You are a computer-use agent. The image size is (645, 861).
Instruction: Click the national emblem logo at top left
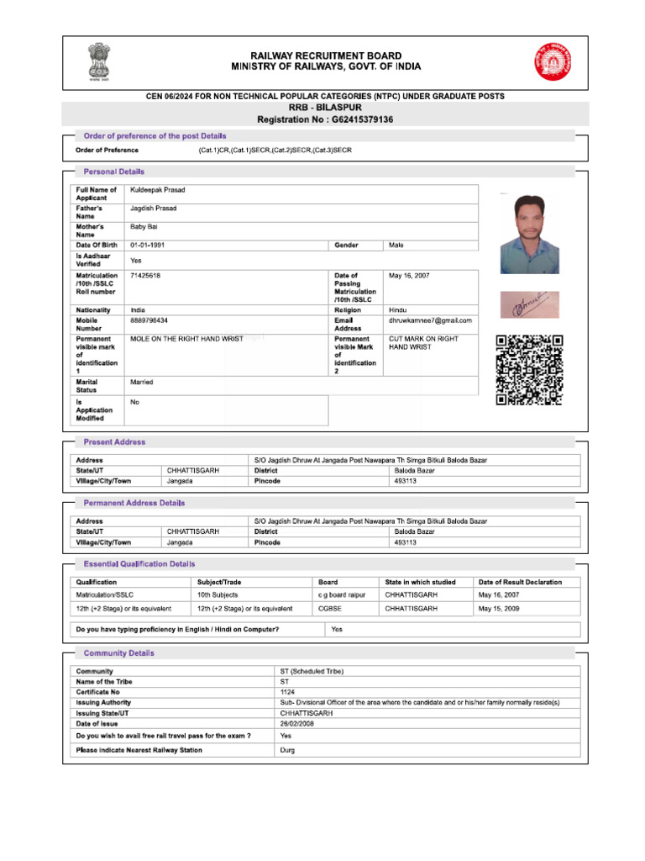(92, 63)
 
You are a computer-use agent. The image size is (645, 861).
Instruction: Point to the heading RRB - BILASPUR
(325, 108)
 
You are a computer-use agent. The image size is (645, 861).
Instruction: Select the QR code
(529, 370)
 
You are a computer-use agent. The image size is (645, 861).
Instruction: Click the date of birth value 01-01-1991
(147, 245)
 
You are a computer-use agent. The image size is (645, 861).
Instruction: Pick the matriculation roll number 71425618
(145, 275)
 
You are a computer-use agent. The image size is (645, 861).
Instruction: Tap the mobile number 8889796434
(149, 320)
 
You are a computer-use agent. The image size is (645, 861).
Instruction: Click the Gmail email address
(430, 320)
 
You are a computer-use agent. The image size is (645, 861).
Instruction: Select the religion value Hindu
(398, 310)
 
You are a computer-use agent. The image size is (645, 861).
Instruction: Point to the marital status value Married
(141, 382)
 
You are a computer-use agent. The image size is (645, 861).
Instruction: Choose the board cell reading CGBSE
(329, 608)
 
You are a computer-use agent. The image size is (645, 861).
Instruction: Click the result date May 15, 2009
(499, 608)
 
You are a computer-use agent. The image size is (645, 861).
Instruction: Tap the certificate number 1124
(287, 691)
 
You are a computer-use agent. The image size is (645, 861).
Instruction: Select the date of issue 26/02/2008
(297, 723)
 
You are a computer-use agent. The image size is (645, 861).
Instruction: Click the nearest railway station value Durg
(287, 750)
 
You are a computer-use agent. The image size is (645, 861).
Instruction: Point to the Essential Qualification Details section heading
(139, 564)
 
